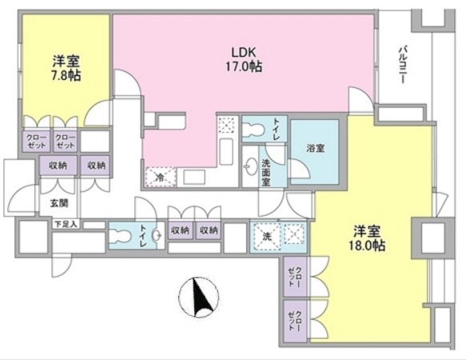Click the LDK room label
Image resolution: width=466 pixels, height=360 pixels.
coord(244,52)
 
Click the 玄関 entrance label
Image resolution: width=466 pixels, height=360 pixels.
coord(60,203)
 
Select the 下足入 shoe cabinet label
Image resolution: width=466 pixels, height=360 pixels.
coord(66,223)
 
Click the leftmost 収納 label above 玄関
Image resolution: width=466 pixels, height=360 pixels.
coord(58,165)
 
